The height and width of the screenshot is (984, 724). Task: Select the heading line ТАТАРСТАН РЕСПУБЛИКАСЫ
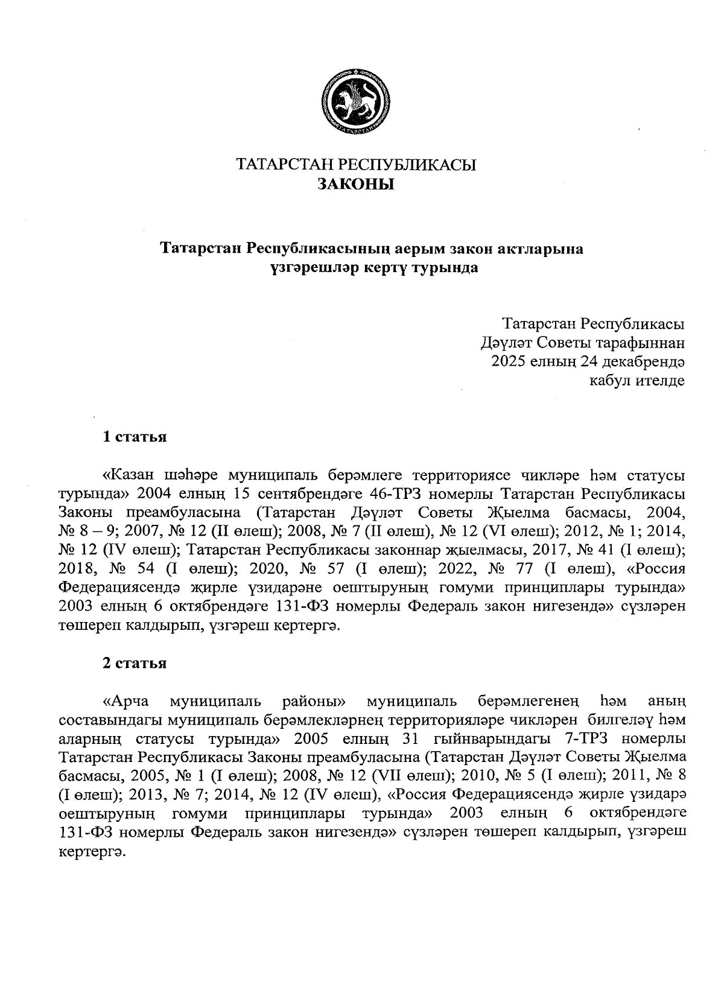click(x=355, y=165)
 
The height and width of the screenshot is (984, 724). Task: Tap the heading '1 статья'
click(x=134, y=437)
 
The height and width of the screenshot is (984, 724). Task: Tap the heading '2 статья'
click(x=134, y=664)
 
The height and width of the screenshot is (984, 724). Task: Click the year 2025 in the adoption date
click(x=509, y=362)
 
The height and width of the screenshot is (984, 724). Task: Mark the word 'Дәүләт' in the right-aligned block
click(x=503, y=344)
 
